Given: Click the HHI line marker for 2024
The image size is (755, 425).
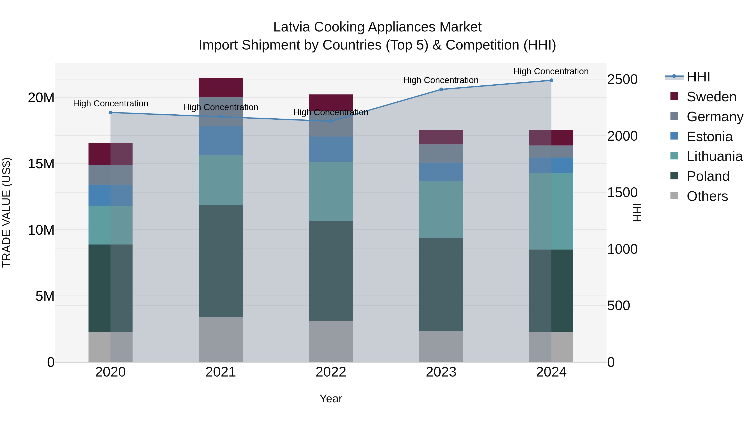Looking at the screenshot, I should [551, 80].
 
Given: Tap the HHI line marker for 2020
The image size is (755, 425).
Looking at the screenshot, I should [111, 112].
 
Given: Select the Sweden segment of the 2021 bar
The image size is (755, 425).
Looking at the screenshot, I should [221, 87].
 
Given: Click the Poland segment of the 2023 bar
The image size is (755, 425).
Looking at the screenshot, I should [441, 285].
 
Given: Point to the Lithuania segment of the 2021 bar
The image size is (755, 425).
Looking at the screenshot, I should [221, 180].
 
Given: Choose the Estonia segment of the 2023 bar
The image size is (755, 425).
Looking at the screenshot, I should [441, 172].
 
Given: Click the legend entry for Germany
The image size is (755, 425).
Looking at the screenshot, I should [715, 117].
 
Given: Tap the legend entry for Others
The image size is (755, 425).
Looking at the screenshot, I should [707, 196].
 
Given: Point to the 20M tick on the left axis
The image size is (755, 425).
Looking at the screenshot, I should [41, 98].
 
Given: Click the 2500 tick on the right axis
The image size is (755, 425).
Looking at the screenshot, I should [622, 80].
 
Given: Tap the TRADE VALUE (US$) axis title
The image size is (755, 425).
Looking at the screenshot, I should [7, 212].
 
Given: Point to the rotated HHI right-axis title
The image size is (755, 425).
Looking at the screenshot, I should [637, 212].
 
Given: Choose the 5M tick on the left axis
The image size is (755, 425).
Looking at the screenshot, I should [45, 296].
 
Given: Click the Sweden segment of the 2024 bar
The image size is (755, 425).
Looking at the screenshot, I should [551, 138].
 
